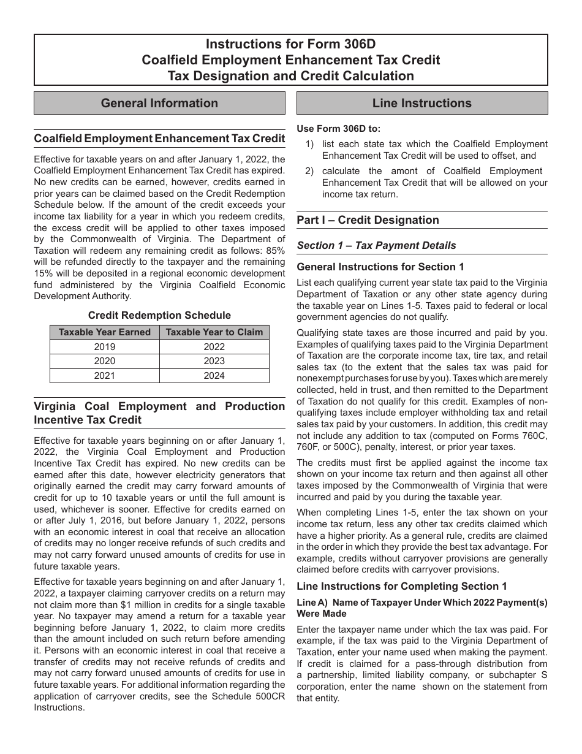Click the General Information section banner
coord(159,103)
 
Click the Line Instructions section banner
coord(422,103)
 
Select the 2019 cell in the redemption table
coord(104,346)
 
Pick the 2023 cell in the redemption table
coord(214,361)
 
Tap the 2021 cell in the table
coord(104,376)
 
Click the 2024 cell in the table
coord(214,376)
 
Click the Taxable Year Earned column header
coord(104,332)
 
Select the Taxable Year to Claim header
coord(214,332)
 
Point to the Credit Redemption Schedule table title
coord(159,315)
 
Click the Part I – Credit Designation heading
coord(368,220)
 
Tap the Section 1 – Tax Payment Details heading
coord(376,245)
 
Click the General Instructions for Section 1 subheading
coord(380,267)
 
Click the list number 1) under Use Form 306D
coord(310,144)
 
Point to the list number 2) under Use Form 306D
coord(310,171)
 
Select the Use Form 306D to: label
coord(338,129)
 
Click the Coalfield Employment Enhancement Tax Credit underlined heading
coord(159,139)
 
